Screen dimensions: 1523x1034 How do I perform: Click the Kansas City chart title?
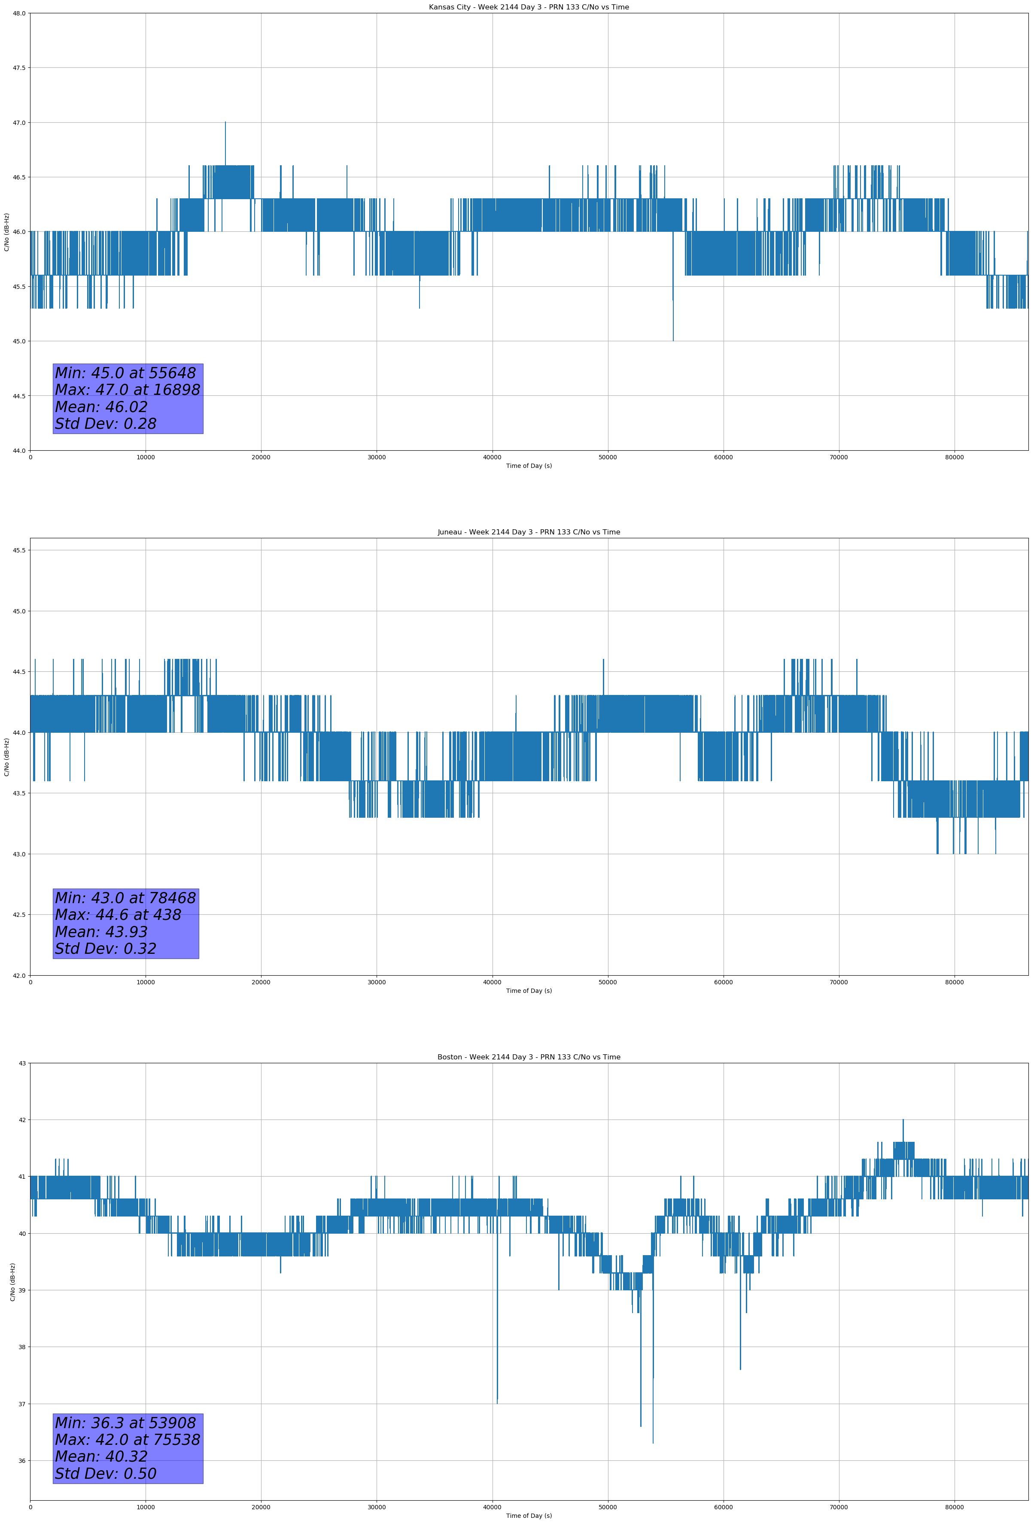point(529,7)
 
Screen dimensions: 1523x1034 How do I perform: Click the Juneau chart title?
point(529,532)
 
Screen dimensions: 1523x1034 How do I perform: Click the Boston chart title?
point(529,1057)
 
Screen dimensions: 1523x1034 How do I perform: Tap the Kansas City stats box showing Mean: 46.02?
point(128,398)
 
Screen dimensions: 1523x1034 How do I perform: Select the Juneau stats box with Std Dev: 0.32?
point(126,923)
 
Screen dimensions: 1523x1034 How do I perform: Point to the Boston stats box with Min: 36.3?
point(128,1448)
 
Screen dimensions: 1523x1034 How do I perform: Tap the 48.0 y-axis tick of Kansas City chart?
point(19,13)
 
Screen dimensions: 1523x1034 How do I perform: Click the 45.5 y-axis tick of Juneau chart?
point(19,550)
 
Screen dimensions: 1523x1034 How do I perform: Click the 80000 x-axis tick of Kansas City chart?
point(954,458)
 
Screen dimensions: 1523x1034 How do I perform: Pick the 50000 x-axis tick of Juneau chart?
point(608,982)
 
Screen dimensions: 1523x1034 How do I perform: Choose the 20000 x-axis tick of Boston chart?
point(261,1507)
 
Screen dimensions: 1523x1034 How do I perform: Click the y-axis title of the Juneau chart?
point(6,757)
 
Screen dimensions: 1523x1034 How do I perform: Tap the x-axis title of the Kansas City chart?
point(529,466)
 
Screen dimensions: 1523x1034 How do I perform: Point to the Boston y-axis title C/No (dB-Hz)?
point(12,1282)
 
